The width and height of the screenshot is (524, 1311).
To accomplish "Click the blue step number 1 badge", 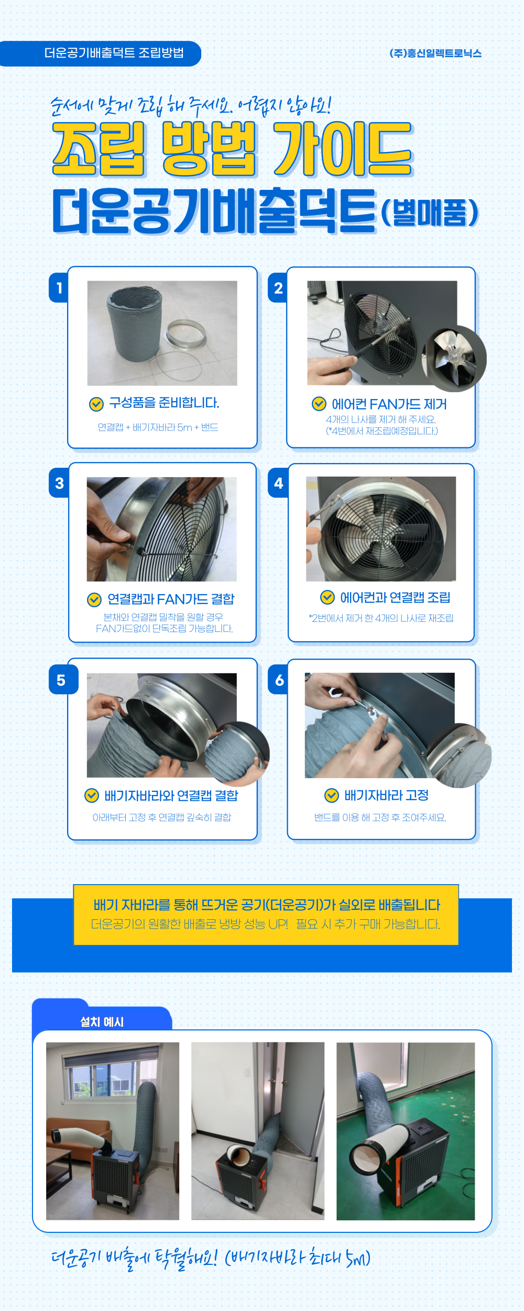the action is (59, 287).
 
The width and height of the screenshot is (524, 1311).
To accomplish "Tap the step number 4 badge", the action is (278, 483).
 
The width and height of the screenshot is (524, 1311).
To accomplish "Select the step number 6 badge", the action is (278, 680).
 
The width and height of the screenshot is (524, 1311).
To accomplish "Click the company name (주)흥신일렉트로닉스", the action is (435, 53).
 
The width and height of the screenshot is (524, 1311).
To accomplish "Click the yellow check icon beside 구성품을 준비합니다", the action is (96, 404).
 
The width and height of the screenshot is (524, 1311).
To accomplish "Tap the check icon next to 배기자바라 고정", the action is (332, 796).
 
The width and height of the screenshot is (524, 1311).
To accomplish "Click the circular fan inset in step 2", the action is (454, 359).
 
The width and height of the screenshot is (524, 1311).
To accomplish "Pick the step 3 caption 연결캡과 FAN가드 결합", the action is (171, 599).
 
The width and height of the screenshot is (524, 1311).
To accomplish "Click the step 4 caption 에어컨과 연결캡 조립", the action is (395, 597).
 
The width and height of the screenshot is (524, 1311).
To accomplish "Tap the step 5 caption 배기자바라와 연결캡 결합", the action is (171, 796).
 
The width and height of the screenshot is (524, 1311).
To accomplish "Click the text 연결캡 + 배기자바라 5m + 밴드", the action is (158, 427).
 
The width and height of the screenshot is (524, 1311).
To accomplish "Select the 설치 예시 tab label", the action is (102, 1022).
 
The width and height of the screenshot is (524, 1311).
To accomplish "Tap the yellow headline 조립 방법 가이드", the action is (233, 149).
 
